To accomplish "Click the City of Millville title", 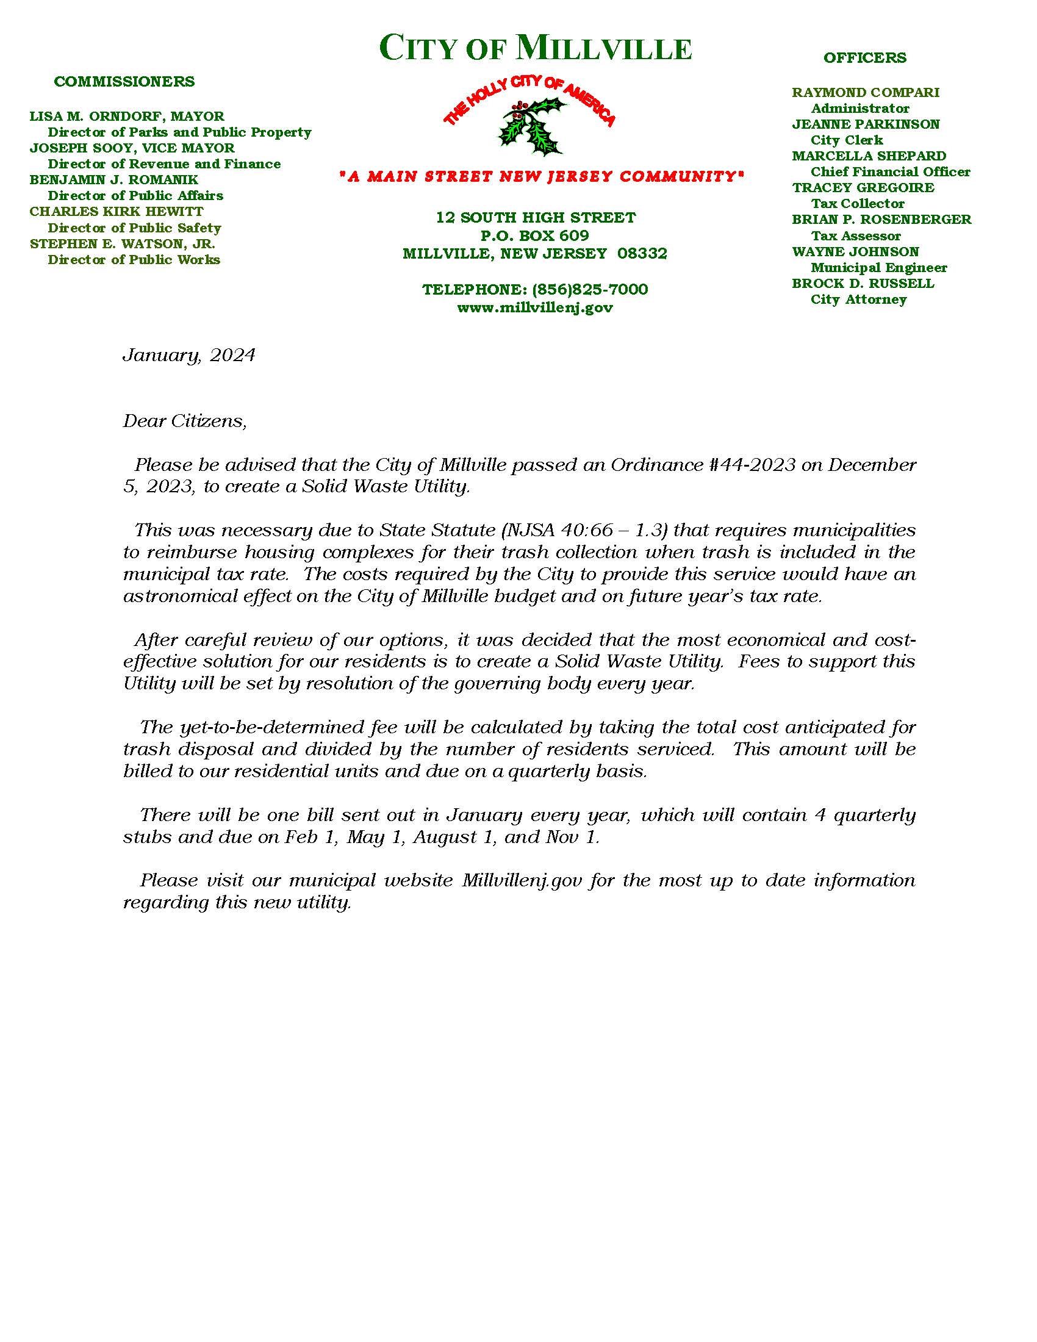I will tap(535, 49).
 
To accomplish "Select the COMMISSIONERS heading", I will tap(124, 82).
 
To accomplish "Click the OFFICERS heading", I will tap(864, 58).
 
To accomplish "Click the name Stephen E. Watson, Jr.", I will tap(122, 244).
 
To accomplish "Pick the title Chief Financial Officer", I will tap(890, 172).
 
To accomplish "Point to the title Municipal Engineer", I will tap(878, 268).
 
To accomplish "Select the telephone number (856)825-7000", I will tap(590, 289).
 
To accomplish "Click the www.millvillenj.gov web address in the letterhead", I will tap(534, 308).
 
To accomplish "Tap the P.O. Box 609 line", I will tap(534, 235).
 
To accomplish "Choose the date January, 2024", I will tap(188, 356).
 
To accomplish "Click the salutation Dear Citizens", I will tap(184, 422).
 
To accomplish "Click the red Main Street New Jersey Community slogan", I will tap(540, 177).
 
